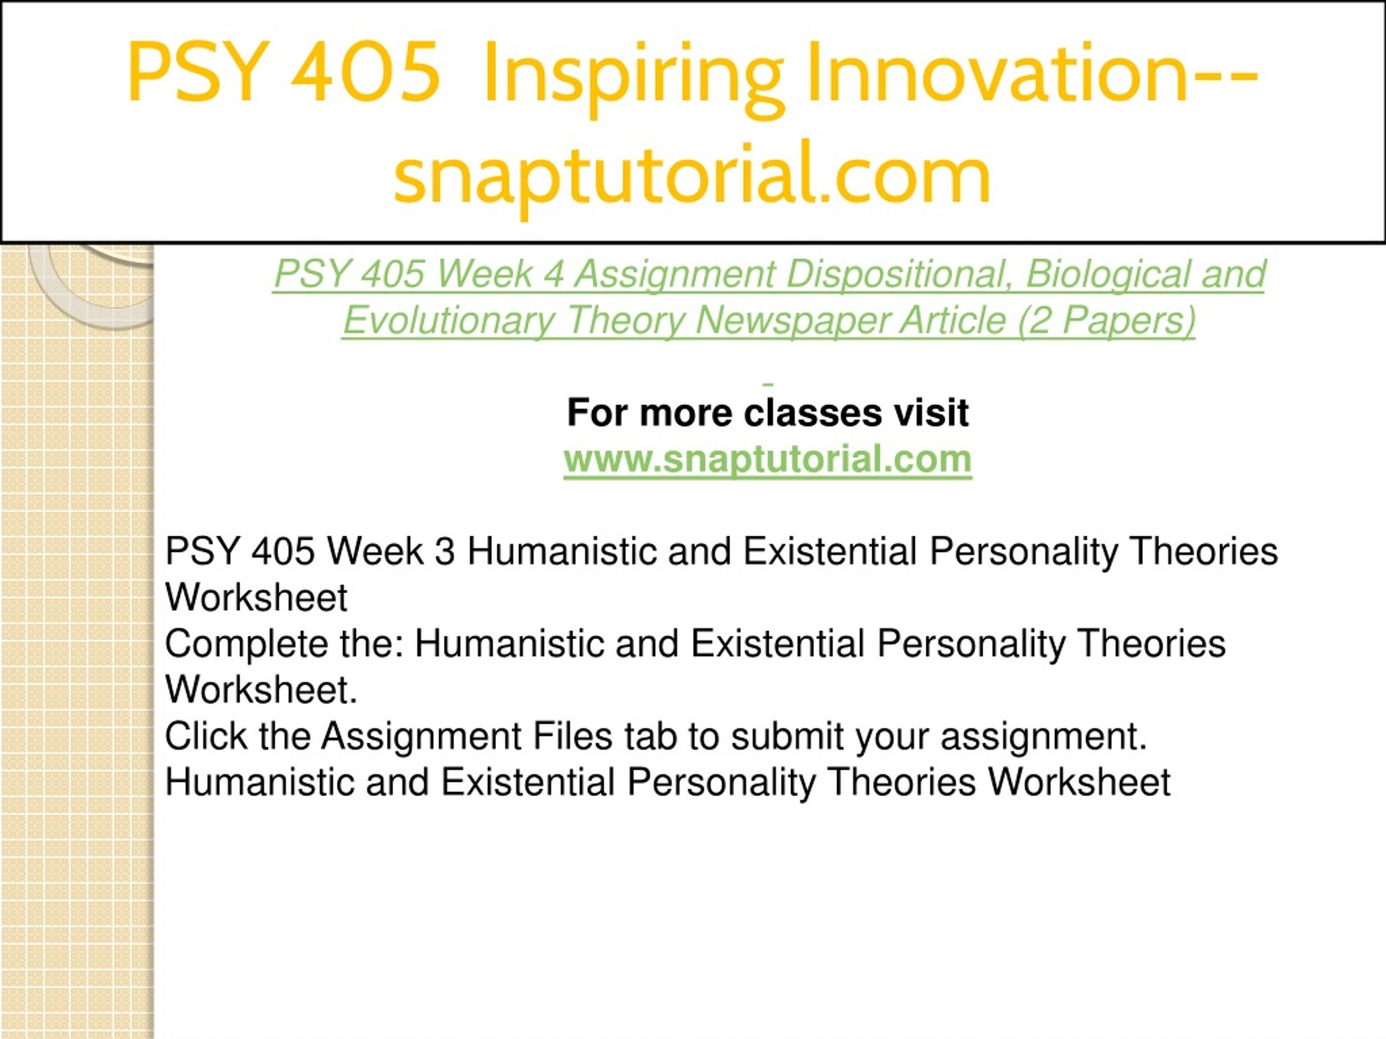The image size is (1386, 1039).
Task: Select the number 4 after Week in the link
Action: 554,275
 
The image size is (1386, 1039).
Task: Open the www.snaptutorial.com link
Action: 768,459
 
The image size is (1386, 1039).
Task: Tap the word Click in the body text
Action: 206,736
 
